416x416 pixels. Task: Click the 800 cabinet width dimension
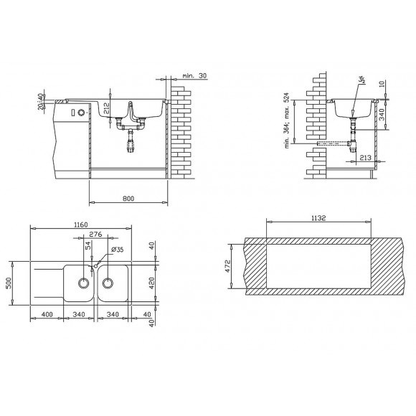[x=128, y=199]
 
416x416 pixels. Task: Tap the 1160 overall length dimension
[x=80, y=224]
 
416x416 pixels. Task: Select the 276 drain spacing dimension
[x=95, y=235]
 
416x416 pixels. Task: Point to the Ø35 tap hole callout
[x=118, y=250]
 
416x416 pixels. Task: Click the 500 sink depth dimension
[x=9, y=283]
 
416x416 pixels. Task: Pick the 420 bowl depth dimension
[x=151, y=283]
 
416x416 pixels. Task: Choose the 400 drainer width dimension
[x=47, y=314]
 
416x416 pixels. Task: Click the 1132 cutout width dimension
[x=318, y=218]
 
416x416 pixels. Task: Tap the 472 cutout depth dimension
[x=227, y=266]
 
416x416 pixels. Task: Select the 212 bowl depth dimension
[x=106, y=108]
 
